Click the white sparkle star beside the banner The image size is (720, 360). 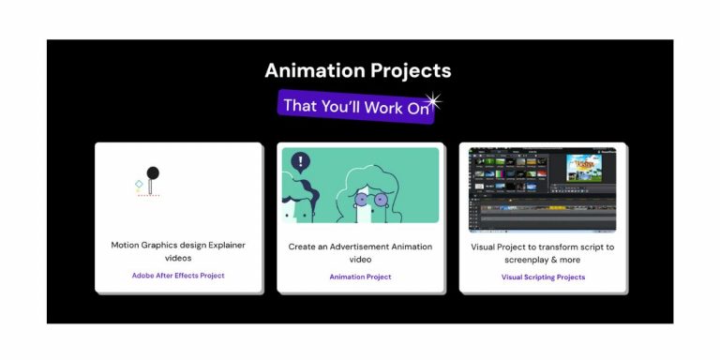tap(432, 99)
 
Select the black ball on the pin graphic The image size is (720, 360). tap(153, 172)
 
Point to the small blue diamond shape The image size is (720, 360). tap(139, 184)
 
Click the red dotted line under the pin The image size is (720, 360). tap(148, 196)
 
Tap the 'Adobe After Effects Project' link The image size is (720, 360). tap(178, 276)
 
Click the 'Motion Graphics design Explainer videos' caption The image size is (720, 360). tap(178, 251)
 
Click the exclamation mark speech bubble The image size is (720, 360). tap(301, 161)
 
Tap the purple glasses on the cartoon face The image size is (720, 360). tap(368, 200)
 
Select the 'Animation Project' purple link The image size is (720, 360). tap(360, 277)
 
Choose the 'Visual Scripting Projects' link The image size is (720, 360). tap(543, 277)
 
